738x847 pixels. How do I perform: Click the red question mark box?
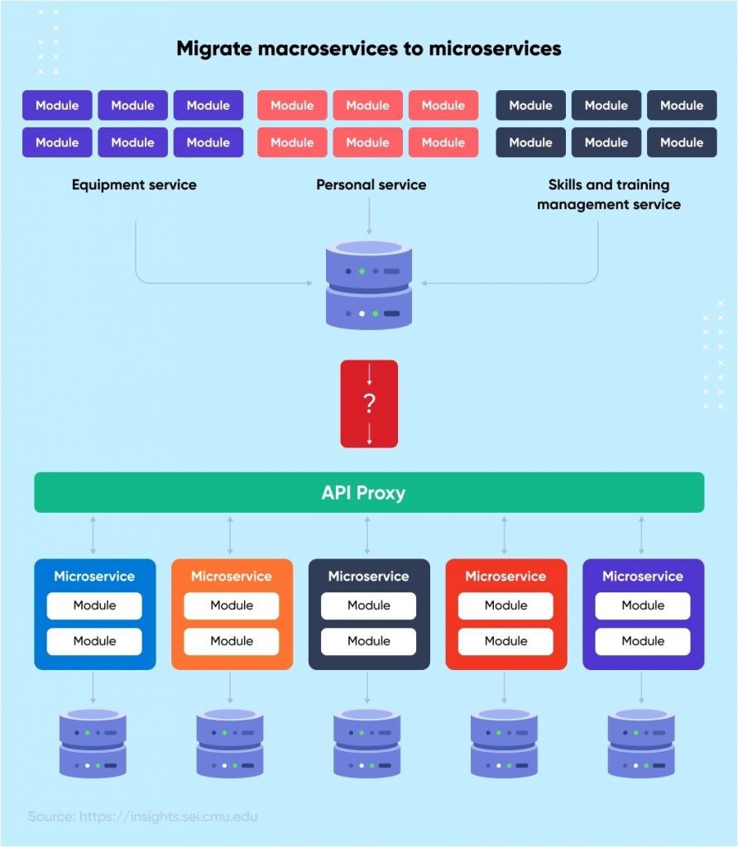coord(369,404)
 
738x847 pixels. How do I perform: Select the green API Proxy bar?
coord(369,493)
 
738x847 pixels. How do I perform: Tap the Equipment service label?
coord(134,184)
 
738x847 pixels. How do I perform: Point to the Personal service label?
coord(371,184)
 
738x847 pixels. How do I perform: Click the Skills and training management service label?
coord(608,194)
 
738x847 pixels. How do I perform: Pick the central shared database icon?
coord(369,284)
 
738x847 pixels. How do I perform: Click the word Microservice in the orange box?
coord(232,577)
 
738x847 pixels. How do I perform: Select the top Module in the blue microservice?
coord(94,605)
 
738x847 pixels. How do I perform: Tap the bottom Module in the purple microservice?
coord(643,641)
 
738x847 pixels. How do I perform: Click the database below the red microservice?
coord(504,743)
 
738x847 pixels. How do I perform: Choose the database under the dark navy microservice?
coord(367,743)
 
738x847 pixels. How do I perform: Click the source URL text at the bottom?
coord(143,816)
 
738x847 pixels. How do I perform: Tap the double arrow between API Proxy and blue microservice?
coord(93,535)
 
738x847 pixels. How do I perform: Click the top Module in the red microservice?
coord(506,605)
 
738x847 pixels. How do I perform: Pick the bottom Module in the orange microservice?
coord(232,641)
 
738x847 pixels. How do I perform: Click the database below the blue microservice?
coord(93,743)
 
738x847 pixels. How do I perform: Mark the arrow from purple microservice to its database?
coord(641,687)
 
